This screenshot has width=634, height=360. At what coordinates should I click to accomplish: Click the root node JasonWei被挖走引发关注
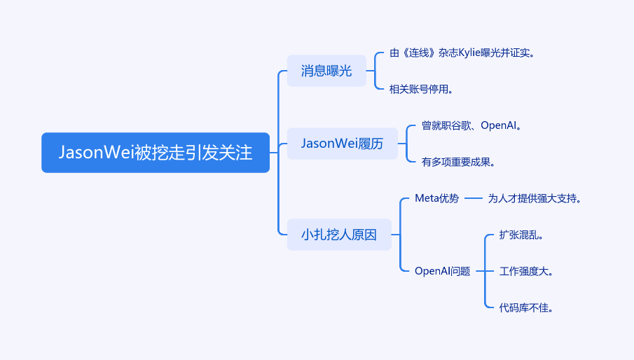click(x=156, y=153)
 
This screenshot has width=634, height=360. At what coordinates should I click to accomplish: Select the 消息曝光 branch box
click(x=326, y=71)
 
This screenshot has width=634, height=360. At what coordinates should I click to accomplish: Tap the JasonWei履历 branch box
click(x=343, y=144)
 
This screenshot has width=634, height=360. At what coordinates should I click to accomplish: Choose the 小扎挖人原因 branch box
click(x=339, y=235)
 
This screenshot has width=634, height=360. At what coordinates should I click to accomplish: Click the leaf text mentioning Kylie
click(x=462, y=53)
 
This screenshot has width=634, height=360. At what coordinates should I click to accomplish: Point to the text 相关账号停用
click(x=421, y=89)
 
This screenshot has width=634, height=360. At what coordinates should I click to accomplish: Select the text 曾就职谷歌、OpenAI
click(x=471, y=125)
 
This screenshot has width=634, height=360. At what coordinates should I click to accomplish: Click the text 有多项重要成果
click(x=459, y=162)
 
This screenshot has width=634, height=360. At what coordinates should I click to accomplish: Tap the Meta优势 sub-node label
click(x=437, y=198)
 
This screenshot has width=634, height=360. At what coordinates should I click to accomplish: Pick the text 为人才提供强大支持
click(x=535, y=198)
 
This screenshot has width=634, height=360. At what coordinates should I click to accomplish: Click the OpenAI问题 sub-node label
click(x=442, y=271)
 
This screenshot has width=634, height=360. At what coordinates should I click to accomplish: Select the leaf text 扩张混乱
click(x=521, y=235)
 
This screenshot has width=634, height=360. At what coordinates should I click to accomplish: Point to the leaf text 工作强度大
click(x=526, y=271)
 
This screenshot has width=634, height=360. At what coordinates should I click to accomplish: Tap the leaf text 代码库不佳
click(x=526, y=308)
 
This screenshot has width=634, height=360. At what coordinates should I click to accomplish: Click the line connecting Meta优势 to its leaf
click(x=474, y=198)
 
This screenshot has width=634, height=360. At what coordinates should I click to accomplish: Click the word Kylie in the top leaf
click(x=469, y=53)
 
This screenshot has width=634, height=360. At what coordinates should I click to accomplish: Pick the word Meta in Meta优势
click(x=427, y=198)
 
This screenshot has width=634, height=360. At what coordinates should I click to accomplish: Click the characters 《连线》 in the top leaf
click(x=418, y=53)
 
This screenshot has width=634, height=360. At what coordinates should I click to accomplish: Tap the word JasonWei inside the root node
click(x=96, y=153)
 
